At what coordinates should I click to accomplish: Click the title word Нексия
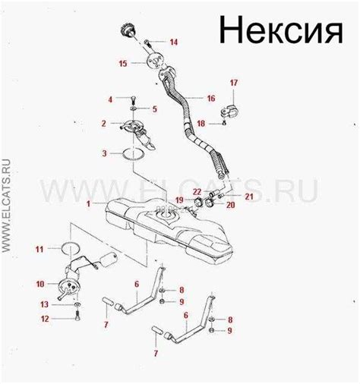[281, 30]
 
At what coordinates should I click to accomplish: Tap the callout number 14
[174, 42]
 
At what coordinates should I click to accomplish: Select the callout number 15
[123, 64]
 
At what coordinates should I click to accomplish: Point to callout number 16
[211, 98]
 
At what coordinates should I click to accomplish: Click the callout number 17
[234, 83]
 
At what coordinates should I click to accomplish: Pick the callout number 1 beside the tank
[88, 203]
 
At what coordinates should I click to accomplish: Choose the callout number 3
[104, 153]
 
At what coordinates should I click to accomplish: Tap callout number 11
[39, 249]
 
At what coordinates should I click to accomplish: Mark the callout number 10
[40, 284]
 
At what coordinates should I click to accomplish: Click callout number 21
[249, 197]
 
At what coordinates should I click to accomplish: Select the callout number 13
[44, 304]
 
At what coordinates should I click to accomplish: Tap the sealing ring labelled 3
[134, 154]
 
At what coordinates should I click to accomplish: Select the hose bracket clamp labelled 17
[229, 112]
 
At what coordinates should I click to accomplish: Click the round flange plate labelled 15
[155, 61]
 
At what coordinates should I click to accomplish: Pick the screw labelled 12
[77, 316]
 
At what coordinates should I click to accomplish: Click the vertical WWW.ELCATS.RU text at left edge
[6, 206]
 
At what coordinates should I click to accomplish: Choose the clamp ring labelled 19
[197, 202]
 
